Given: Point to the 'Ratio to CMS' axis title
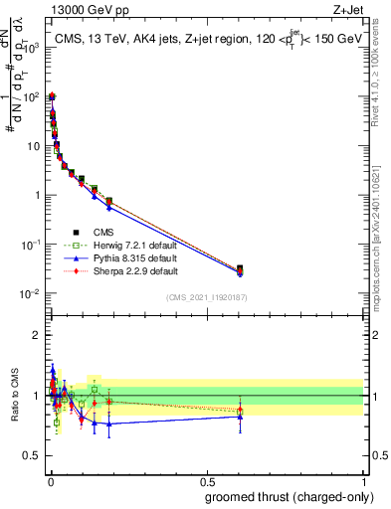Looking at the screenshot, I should point(13,396).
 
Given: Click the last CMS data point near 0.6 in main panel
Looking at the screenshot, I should point(239,268).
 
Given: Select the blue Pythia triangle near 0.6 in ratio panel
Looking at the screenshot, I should point(239,417).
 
